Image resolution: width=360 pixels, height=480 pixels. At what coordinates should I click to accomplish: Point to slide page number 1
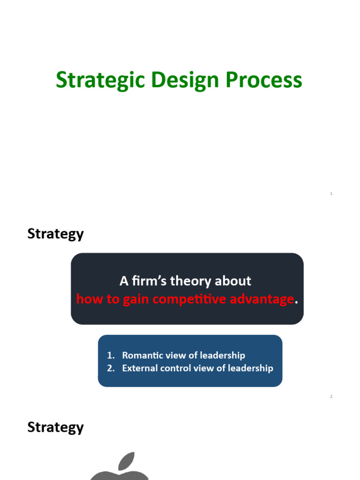click(x=331, y=194)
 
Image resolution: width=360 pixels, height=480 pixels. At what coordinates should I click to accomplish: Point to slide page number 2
click(x=331, y=397)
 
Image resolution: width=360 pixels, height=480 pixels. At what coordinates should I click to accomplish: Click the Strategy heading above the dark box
click(x=55, y=234)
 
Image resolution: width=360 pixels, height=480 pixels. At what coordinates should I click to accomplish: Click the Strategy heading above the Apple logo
click(x=55, y=427)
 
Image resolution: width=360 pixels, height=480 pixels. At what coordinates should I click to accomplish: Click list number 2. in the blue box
click(x=111, y=368)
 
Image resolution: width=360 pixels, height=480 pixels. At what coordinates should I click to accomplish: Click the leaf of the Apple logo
click(x=126, y=460)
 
